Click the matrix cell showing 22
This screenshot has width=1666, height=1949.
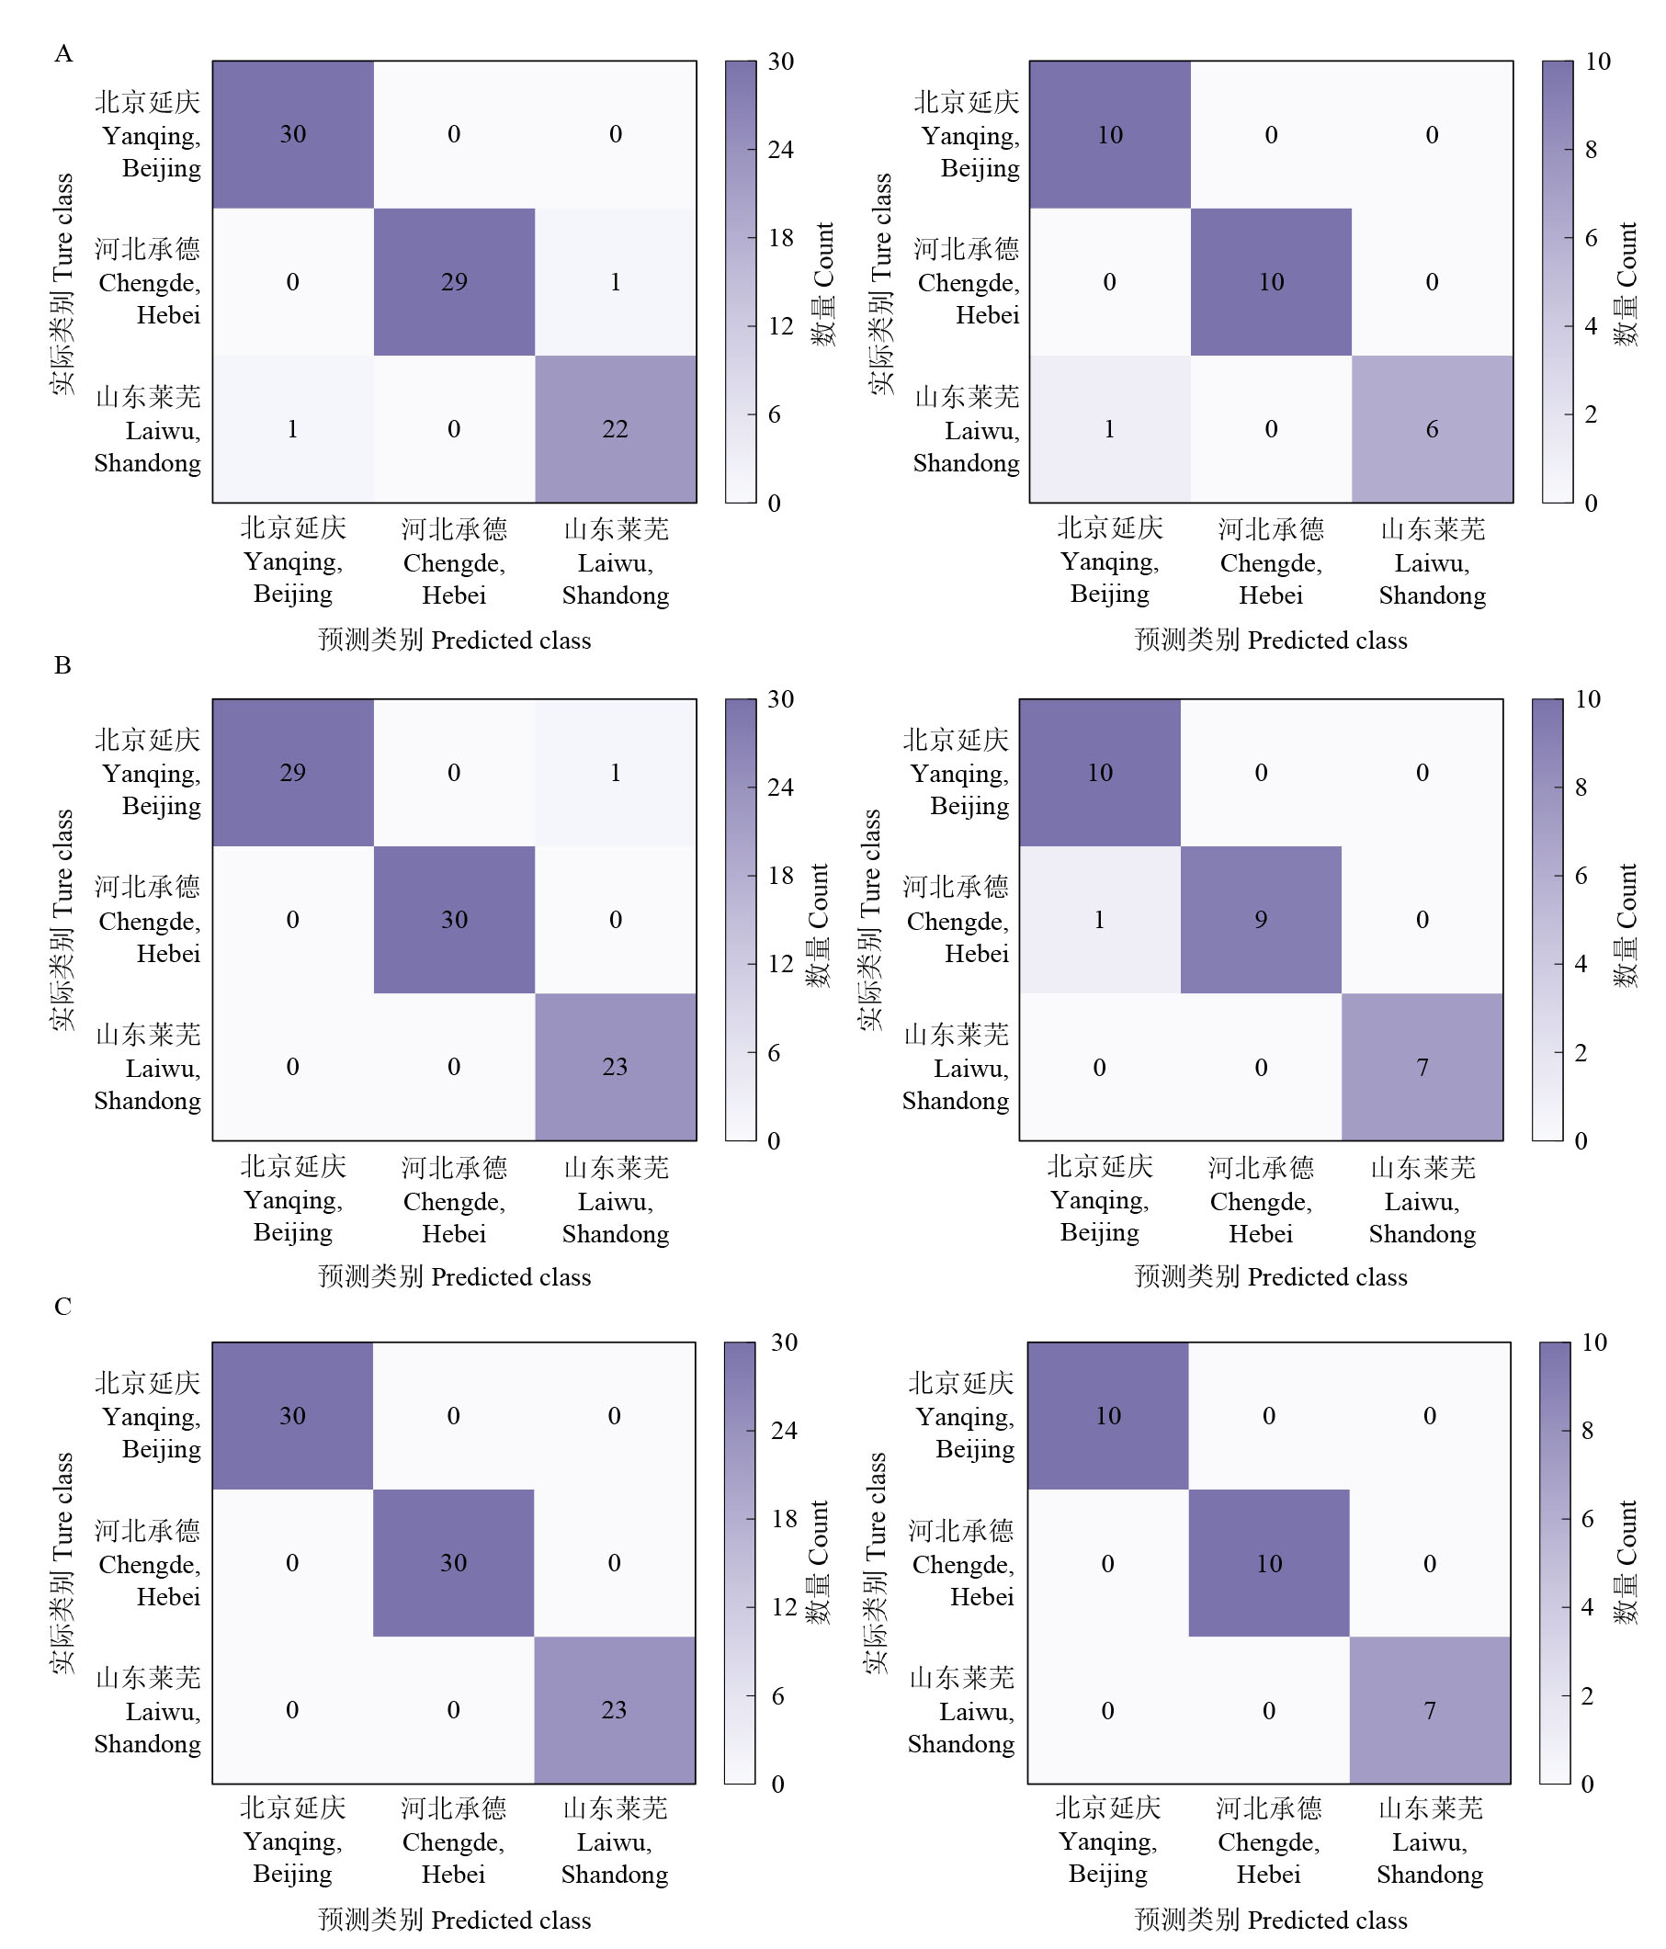click(x=616, y=429)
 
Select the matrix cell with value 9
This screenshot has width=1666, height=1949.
click(x=1261, y=920)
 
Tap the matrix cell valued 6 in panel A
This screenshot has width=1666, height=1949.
click(x=1432, y=429)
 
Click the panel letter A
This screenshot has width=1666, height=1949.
click(x=63, y=53)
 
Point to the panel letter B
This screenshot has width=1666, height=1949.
click(x=63, y=665)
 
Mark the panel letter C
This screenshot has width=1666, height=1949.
click(x=63, y=1307)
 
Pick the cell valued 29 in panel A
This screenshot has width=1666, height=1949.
click(x=454, y=282)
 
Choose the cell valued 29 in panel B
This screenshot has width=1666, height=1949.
click(x=292, y=772)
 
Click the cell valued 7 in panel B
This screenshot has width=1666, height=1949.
click(x=1422, y=1068)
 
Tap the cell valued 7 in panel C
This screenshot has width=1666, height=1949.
click(x=1430, y=1710)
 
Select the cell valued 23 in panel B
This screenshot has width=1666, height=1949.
click(x=616, y=1068)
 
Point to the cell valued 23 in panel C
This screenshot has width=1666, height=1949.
click(x=614, y=1710)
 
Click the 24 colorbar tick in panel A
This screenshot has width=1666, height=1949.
click(x=780, y=150)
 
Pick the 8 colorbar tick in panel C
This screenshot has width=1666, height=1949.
click(x=1587, y=1431)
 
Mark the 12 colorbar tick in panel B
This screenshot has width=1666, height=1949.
click(x=780, y=964)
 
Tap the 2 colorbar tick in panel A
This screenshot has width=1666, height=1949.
click(x=1591, y=414)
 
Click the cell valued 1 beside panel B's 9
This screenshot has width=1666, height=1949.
click(x=1100, y=920)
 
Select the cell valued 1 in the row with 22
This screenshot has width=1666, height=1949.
click(x=292, y=429)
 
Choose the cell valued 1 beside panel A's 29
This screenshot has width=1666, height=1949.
click(x=616, y=282)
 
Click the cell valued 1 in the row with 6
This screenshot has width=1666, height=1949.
click(x=1110, y=429)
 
